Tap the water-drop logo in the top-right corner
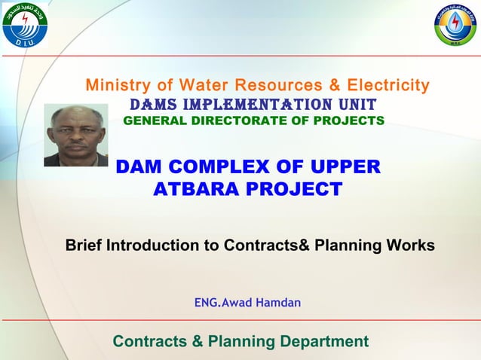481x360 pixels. coord(455,24)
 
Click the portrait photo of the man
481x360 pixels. coord(75,136)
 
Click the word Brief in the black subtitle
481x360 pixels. coord(84,246)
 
